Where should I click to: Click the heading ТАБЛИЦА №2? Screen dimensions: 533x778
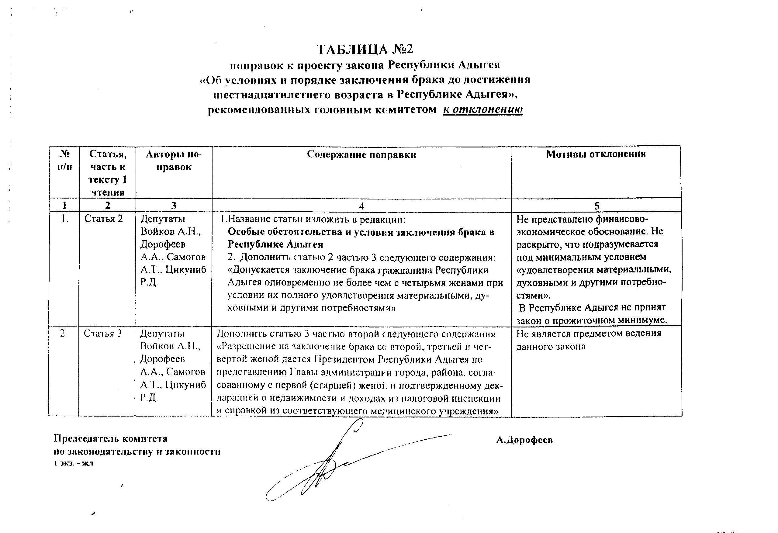(365, 49)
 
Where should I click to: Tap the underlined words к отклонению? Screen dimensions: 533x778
(483, 109)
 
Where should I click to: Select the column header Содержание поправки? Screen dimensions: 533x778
(361, 155)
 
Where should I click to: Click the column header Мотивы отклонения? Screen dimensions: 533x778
(596, 154)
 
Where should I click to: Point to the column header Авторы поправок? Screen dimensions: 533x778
(174, 161)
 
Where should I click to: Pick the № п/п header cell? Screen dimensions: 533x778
(65, 160)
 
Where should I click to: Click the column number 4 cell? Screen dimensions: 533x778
(361, 206)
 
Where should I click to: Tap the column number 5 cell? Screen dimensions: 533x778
(596, 206)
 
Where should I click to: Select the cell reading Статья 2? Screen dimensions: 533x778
(104, 219)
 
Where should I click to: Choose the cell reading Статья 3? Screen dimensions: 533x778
(103, 334)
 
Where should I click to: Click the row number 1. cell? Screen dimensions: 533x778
(65, 219)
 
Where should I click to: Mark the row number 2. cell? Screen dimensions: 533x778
(64, 334)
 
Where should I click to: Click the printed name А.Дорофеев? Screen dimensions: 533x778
(524, 440)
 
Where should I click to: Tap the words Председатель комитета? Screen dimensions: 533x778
(111, 438)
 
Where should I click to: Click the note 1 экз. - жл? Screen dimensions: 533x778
(74, 463)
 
